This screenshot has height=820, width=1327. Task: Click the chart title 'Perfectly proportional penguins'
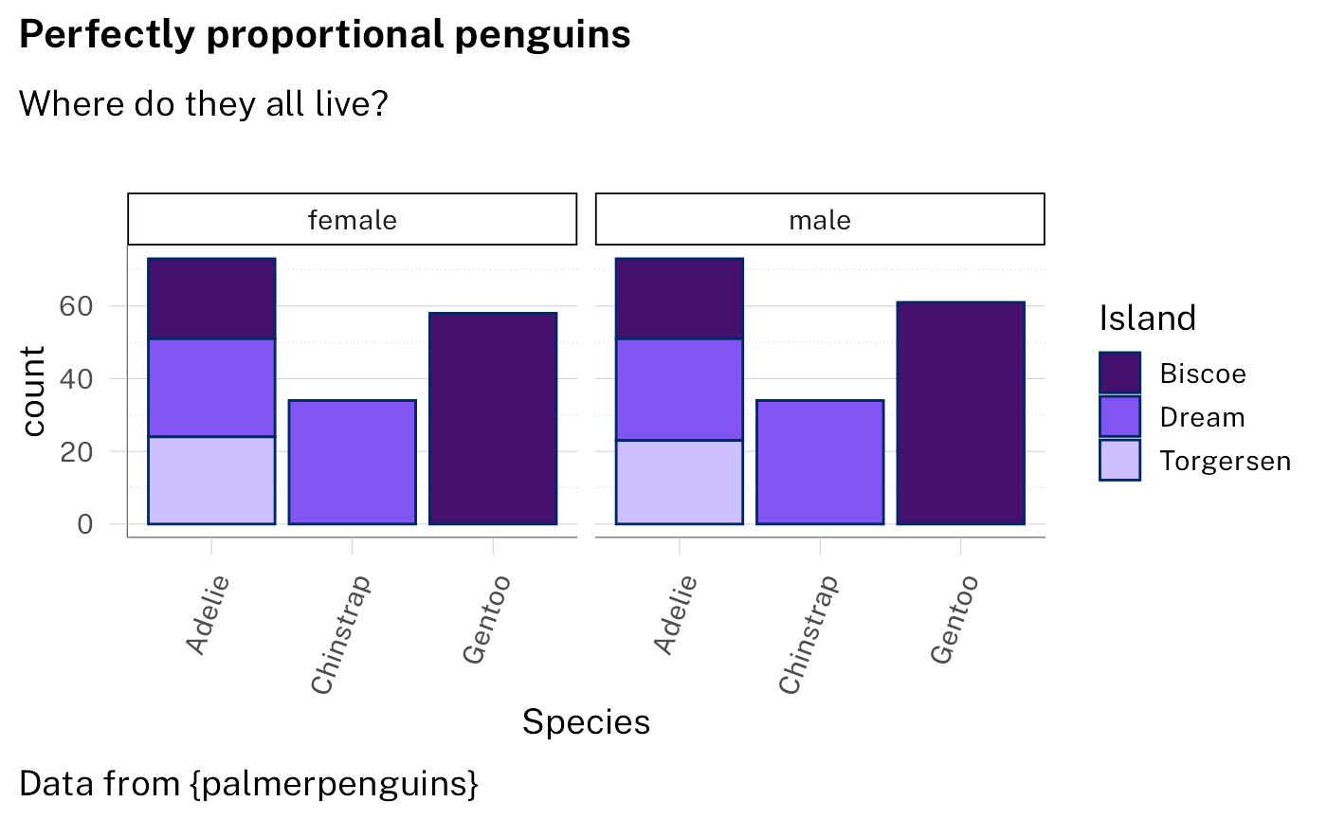324,35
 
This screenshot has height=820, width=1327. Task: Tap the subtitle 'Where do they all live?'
203,102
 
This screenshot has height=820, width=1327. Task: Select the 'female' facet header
353,220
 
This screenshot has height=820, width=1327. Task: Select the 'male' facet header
820,220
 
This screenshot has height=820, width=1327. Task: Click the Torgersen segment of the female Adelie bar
211,480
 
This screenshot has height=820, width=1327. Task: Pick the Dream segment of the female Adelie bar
211,387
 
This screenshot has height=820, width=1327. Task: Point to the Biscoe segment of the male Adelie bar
679,298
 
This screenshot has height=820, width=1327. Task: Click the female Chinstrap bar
352,462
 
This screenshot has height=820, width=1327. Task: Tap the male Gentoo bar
960,412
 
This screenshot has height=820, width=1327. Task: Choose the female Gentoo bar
493,418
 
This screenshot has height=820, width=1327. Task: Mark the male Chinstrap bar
820,462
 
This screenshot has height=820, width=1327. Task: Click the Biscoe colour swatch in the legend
1119,373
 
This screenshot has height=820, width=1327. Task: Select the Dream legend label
1202,417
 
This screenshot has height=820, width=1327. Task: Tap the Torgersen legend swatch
1119,461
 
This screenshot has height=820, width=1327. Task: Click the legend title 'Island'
1147,319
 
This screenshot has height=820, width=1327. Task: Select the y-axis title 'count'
33,391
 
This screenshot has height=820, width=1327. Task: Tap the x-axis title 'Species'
586,722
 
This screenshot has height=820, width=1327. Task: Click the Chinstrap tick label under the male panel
809,632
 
